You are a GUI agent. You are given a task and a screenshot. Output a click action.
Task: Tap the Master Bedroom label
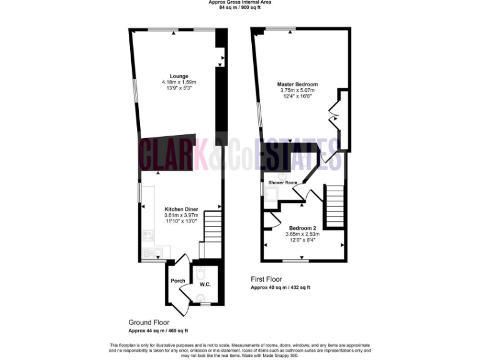point(297,84)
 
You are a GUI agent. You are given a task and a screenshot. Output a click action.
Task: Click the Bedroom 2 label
point(302,228)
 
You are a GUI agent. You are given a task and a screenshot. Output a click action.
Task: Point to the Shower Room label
point(282,182)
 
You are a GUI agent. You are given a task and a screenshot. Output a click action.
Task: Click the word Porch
point(178,281)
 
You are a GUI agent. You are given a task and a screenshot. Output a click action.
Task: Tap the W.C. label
point(205,284)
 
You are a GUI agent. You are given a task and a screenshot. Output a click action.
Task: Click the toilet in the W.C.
point(201,274)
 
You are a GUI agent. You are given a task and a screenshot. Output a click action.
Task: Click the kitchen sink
point(151,252)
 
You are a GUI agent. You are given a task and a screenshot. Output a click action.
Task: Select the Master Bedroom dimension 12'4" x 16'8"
point(297,96)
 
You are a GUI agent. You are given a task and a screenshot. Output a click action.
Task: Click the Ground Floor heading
point(149,323)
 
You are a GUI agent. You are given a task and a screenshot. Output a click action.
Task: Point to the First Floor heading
point(266,279)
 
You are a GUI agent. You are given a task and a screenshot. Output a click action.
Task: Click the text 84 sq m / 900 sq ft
point(239,7)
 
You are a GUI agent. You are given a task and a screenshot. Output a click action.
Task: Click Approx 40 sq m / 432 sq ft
point(280,287)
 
